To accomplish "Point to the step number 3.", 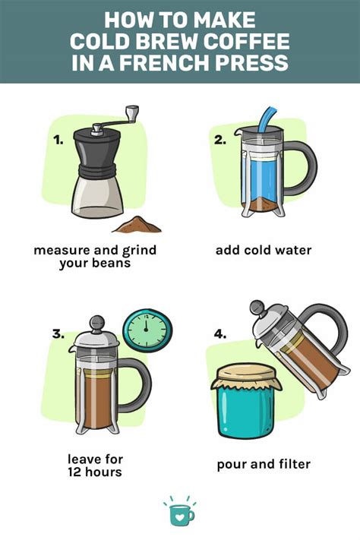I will click(x=56, y=333).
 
